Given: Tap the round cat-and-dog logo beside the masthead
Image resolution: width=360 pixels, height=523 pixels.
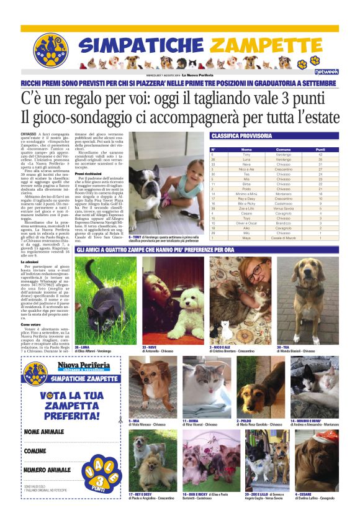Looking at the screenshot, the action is click(x=51, y=50).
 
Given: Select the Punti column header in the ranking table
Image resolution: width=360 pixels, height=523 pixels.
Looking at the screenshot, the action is click(x=320, y=150).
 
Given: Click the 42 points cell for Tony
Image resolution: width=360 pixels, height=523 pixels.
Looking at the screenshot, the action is click(x=320, y=155).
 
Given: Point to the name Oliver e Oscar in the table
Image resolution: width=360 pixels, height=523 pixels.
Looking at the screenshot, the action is click(x=246, y=223).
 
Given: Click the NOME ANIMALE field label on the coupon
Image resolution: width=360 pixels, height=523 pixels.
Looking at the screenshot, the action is click(x=44, y=432).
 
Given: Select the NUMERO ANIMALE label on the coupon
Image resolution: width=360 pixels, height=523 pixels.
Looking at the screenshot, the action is click(x=48, y=470).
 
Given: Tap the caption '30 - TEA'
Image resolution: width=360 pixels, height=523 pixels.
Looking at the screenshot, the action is click(x=283, y=347).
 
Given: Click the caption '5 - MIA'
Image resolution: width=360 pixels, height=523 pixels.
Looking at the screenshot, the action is click(x=135, y=421).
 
